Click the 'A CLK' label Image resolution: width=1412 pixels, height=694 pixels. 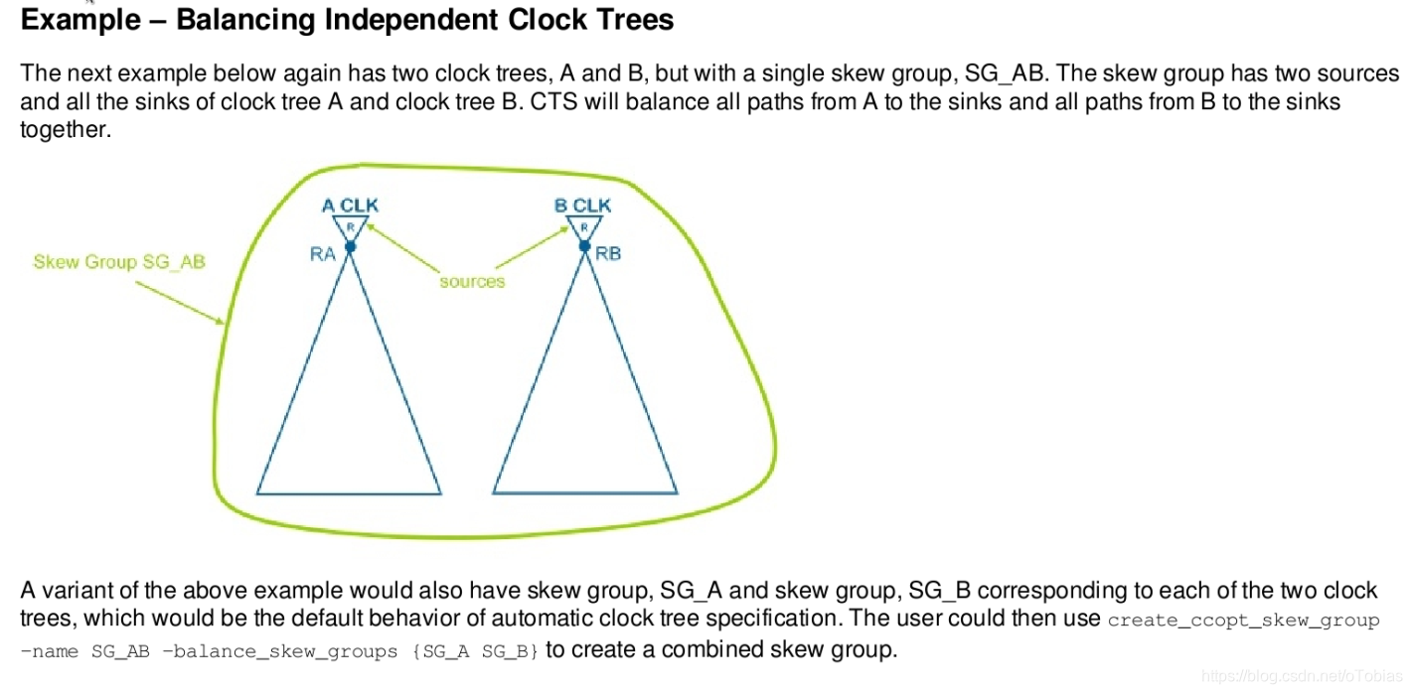(350, 206)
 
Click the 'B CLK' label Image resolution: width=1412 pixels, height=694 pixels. (582, 206)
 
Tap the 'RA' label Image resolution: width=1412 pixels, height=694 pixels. (322, 254)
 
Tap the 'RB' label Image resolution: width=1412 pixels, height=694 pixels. (608, 254)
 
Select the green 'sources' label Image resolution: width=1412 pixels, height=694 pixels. (472, 282)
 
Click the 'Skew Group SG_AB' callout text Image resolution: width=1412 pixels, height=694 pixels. (119, 262)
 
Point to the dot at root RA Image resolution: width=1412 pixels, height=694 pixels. (350, 246)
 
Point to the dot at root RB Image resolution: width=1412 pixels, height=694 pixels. (584, 246)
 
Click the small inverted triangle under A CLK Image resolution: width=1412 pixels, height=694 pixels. (350, 227)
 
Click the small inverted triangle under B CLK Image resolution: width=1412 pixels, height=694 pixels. (584, 227)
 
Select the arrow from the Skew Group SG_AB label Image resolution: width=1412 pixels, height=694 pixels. (179, 301)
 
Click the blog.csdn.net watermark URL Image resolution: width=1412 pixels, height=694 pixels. (1300, 676)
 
